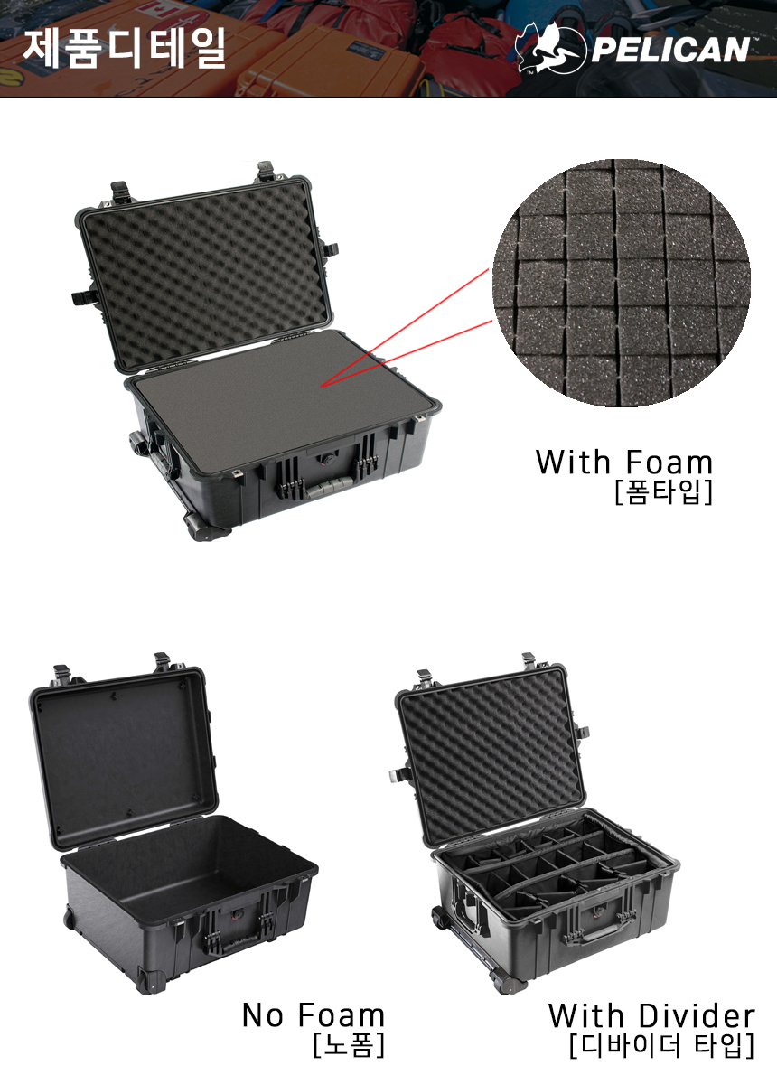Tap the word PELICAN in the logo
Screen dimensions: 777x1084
pos(670,50)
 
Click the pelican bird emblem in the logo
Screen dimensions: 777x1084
pos(550,49)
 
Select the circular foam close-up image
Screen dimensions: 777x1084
pos(621,283)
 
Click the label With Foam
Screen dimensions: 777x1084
pos(624,462)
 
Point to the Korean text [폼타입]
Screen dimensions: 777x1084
pos(664,492)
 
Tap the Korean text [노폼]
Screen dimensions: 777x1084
pos(349,1045)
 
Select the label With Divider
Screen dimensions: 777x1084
pos(651,1015)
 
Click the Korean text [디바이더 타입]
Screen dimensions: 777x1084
pos(661,1046)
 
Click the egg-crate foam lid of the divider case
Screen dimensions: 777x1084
pos(491,758)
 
